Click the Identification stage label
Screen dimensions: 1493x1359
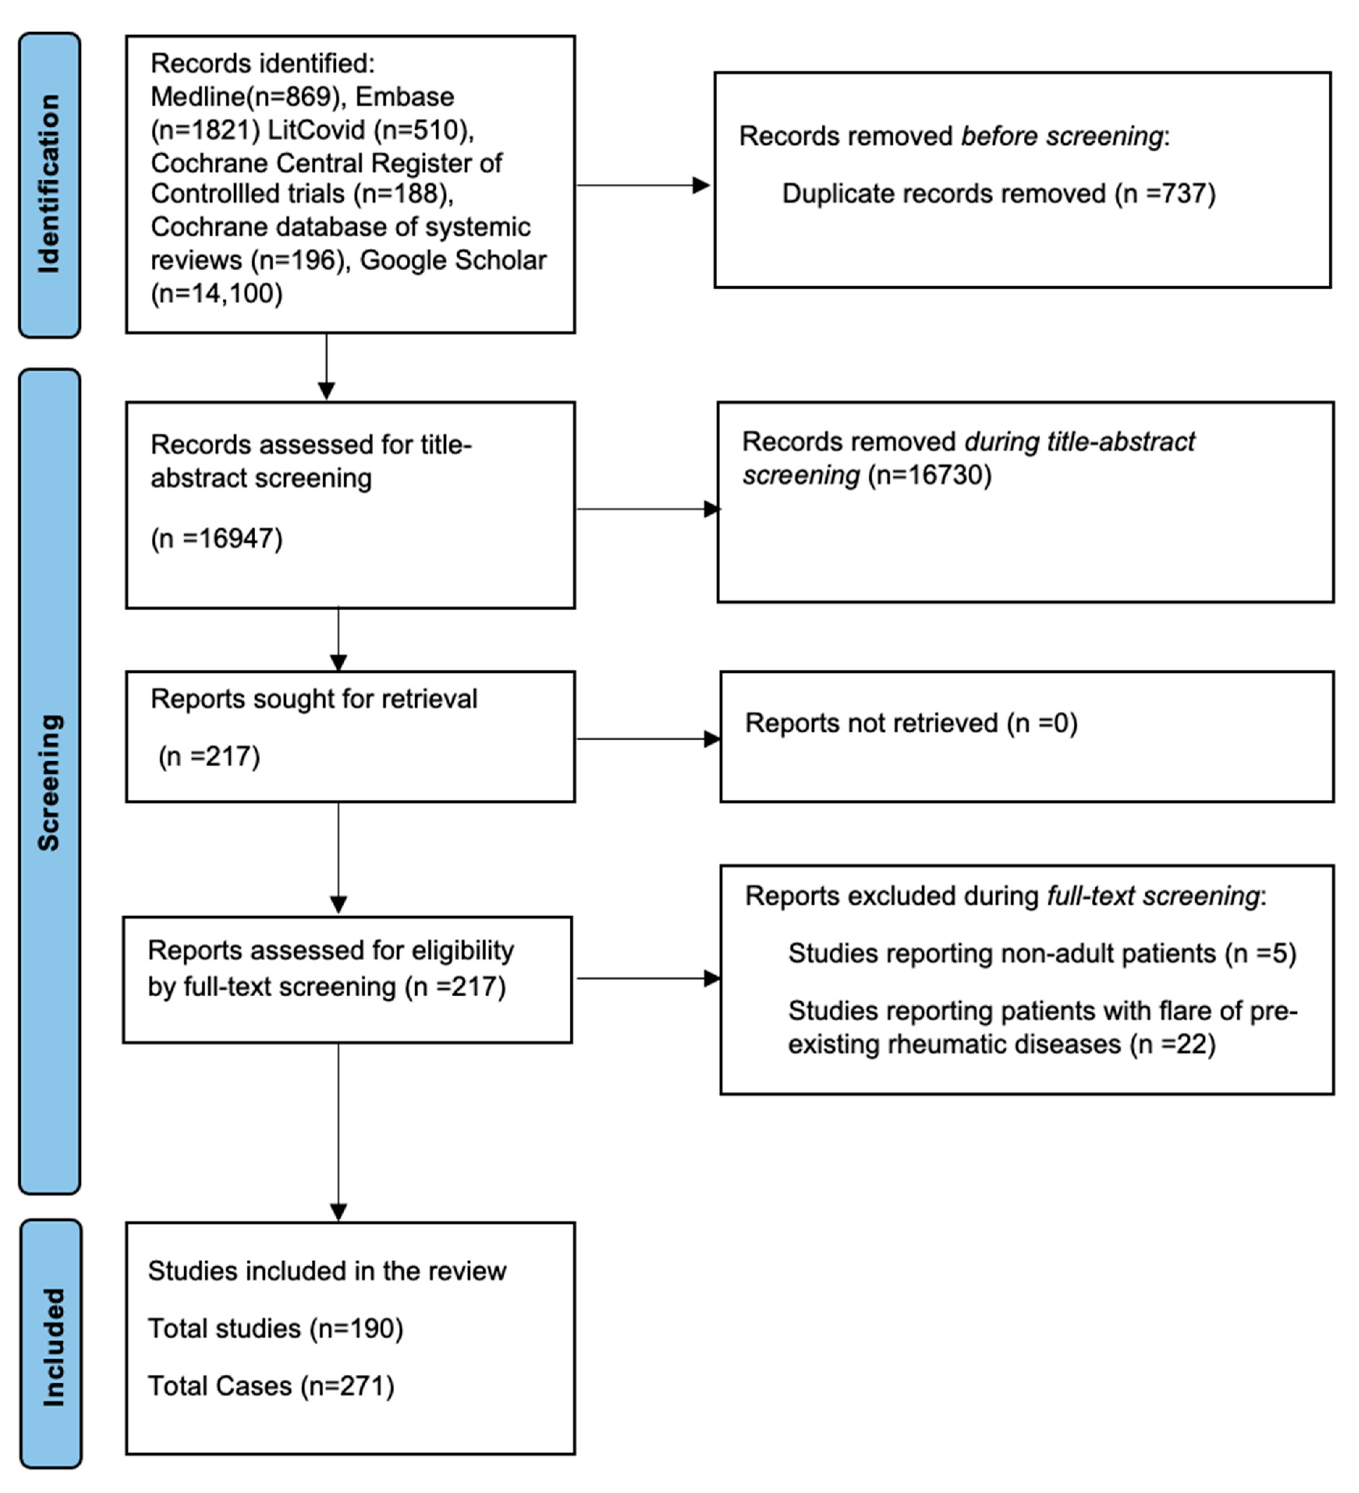coord(49,184)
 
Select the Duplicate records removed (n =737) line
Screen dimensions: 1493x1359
coord(998,194)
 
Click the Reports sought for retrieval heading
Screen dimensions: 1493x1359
coord(314,699)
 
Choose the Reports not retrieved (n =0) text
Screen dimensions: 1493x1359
coord(911,723)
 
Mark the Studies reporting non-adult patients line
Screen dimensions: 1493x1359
coord(1041,953)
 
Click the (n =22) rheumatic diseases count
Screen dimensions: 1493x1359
coord(1173,1044)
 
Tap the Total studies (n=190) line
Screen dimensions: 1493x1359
coord(276,1329)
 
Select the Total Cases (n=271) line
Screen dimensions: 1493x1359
coord(271,1385)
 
